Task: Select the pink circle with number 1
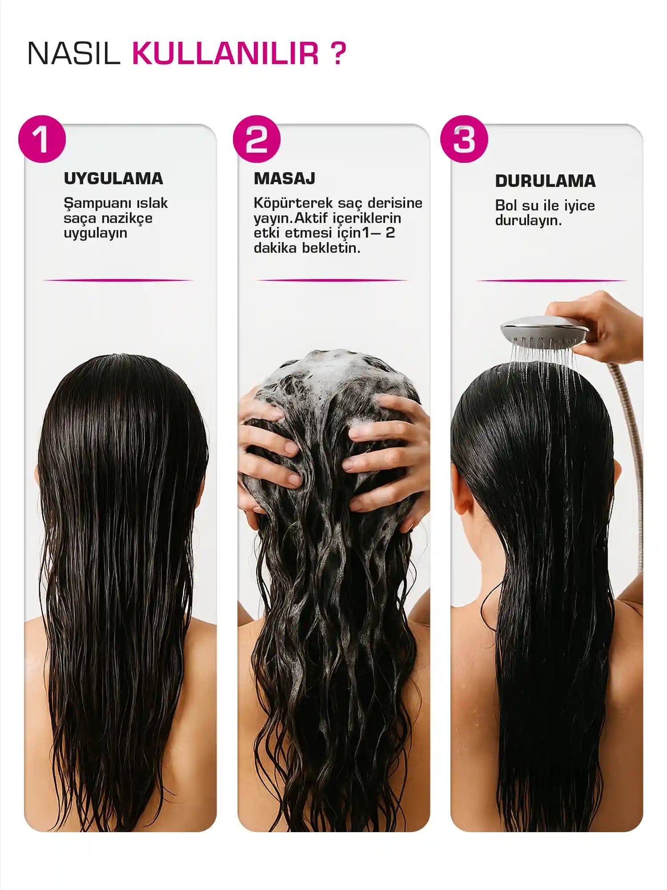pos(42,139)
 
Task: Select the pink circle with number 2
pos(257,139)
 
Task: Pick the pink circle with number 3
pos(464,139)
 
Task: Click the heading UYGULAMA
pos(113,178)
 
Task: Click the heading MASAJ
pos(285,178)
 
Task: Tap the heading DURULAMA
pos(545,181)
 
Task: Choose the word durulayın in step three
pos(528,220)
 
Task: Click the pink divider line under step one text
pos(118,280)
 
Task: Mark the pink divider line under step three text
pos(551,281)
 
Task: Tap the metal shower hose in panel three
pos(634,445)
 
